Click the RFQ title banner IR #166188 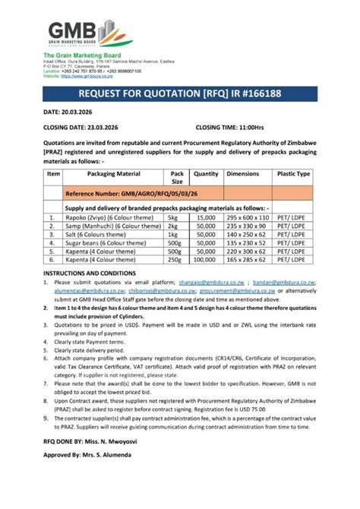click(180, 93)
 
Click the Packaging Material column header click(114, 174)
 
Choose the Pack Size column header click(177, 178)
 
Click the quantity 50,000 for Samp click(206, 226)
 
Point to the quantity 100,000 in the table click(206, 261)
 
